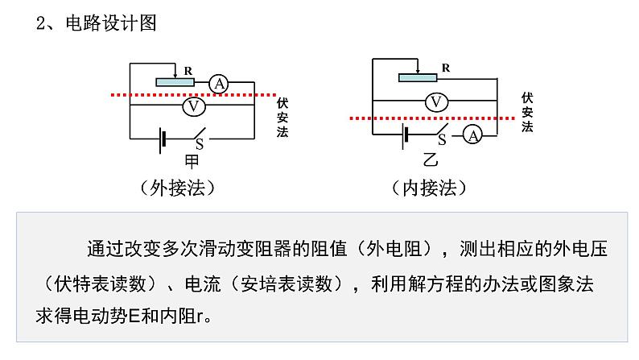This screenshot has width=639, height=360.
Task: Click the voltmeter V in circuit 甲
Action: pyautogui.click(x=193, y=106)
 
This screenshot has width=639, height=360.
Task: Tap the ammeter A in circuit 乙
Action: pyautogui.click(x=472, y=136)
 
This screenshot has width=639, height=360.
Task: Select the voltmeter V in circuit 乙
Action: pyautogui.click(x=435, y=101)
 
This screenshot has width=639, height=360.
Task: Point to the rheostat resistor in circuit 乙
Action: pyautogui.click(x=418, y=77)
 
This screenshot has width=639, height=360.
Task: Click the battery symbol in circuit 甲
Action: pyautogui.click(x=163, y=139)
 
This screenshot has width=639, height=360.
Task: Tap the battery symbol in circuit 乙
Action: pyautogui.click(x=406, y=136)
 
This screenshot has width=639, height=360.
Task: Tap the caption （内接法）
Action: pyautogui.click(x=429, y=188)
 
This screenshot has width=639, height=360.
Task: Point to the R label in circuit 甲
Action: pyautogui.click(x=188, y=71)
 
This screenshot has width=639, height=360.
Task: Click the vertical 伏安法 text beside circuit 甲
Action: pyautogui.click(x=282, y=118)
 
